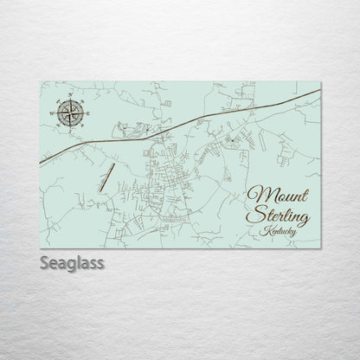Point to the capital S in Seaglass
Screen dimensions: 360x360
point(45,260)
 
